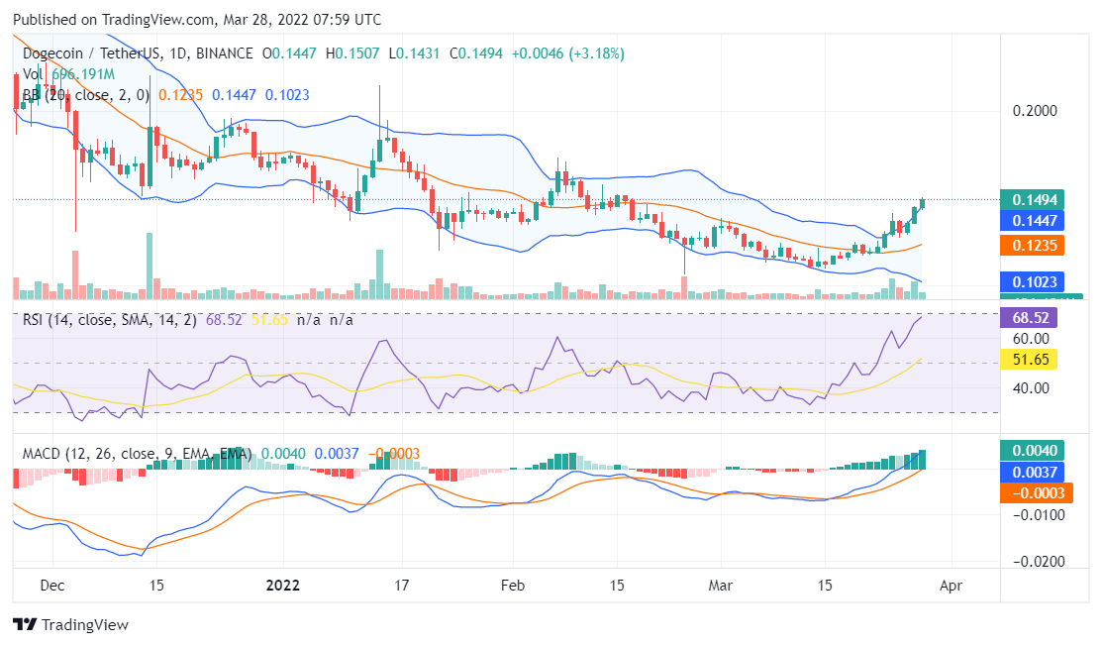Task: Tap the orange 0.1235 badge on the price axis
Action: coord(1031,245)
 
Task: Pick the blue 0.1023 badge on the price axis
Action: coord(1031,281)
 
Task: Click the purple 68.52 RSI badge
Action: coord(1031,318)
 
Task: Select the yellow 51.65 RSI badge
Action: coord(1031,359)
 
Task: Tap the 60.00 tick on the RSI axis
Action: coord(1031,338)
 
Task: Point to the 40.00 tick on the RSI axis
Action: coord(1031,387)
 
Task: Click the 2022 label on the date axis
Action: coord(282,586)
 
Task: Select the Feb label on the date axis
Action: coord(511,586)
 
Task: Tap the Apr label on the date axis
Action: coord(951,586)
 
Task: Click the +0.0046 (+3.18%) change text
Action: coord(567,54)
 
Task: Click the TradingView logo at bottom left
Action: coord(70,625)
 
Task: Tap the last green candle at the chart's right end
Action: coord(923,203)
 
